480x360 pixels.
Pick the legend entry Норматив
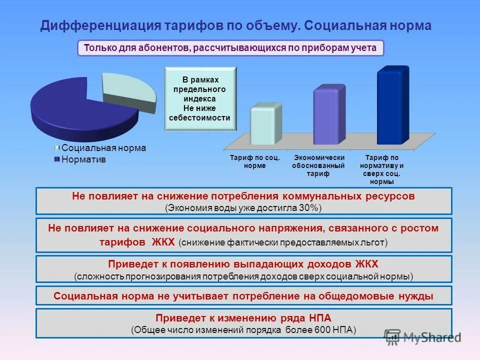(x=83, y=159)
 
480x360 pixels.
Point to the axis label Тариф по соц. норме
(x=254, y=161)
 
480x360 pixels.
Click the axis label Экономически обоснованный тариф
(x=318, y=165)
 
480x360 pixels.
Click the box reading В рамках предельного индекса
(x=200, y=99)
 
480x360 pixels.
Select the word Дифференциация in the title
(x=100, y=26)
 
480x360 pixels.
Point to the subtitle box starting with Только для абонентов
(x=230, y=48)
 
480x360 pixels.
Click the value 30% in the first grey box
(x=309, y=207)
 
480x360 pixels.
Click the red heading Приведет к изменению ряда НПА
(x=243, y=318)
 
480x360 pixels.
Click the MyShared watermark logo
(x=422, y=336)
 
